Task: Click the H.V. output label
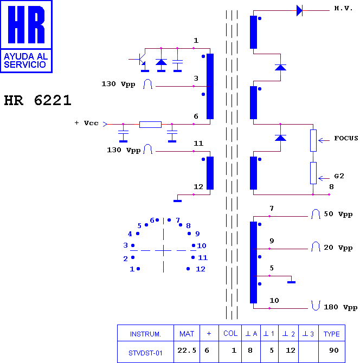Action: [x=343, y=9]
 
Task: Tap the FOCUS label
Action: [x=346, y=138]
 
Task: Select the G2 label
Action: [x=339, y=176]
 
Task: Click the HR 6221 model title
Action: [x=37, y=100]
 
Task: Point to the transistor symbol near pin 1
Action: [x=140, y=60]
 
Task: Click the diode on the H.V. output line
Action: [x=299, y=10]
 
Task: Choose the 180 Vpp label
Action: [x=340, y=307]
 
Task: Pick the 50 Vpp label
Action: [x=338, y=214]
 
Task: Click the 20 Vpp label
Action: [x=338, y=248]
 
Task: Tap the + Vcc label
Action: [x=86, y=123]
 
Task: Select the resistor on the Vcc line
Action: [x=150, y=124]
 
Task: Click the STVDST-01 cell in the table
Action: [x=145, y=353]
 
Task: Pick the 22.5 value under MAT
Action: [x=187, y=350]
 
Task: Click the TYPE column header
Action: [x=331, y=334]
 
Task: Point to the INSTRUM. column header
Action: [x=145, y=334]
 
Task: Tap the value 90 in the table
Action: [x=334, y=350]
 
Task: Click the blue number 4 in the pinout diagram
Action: [x=130, y=234]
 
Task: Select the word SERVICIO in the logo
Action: [x=25, y=64]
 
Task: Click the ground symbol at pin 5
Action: [x=291, y=282]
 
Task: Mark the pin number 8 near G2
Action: [x=331, y=187]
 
